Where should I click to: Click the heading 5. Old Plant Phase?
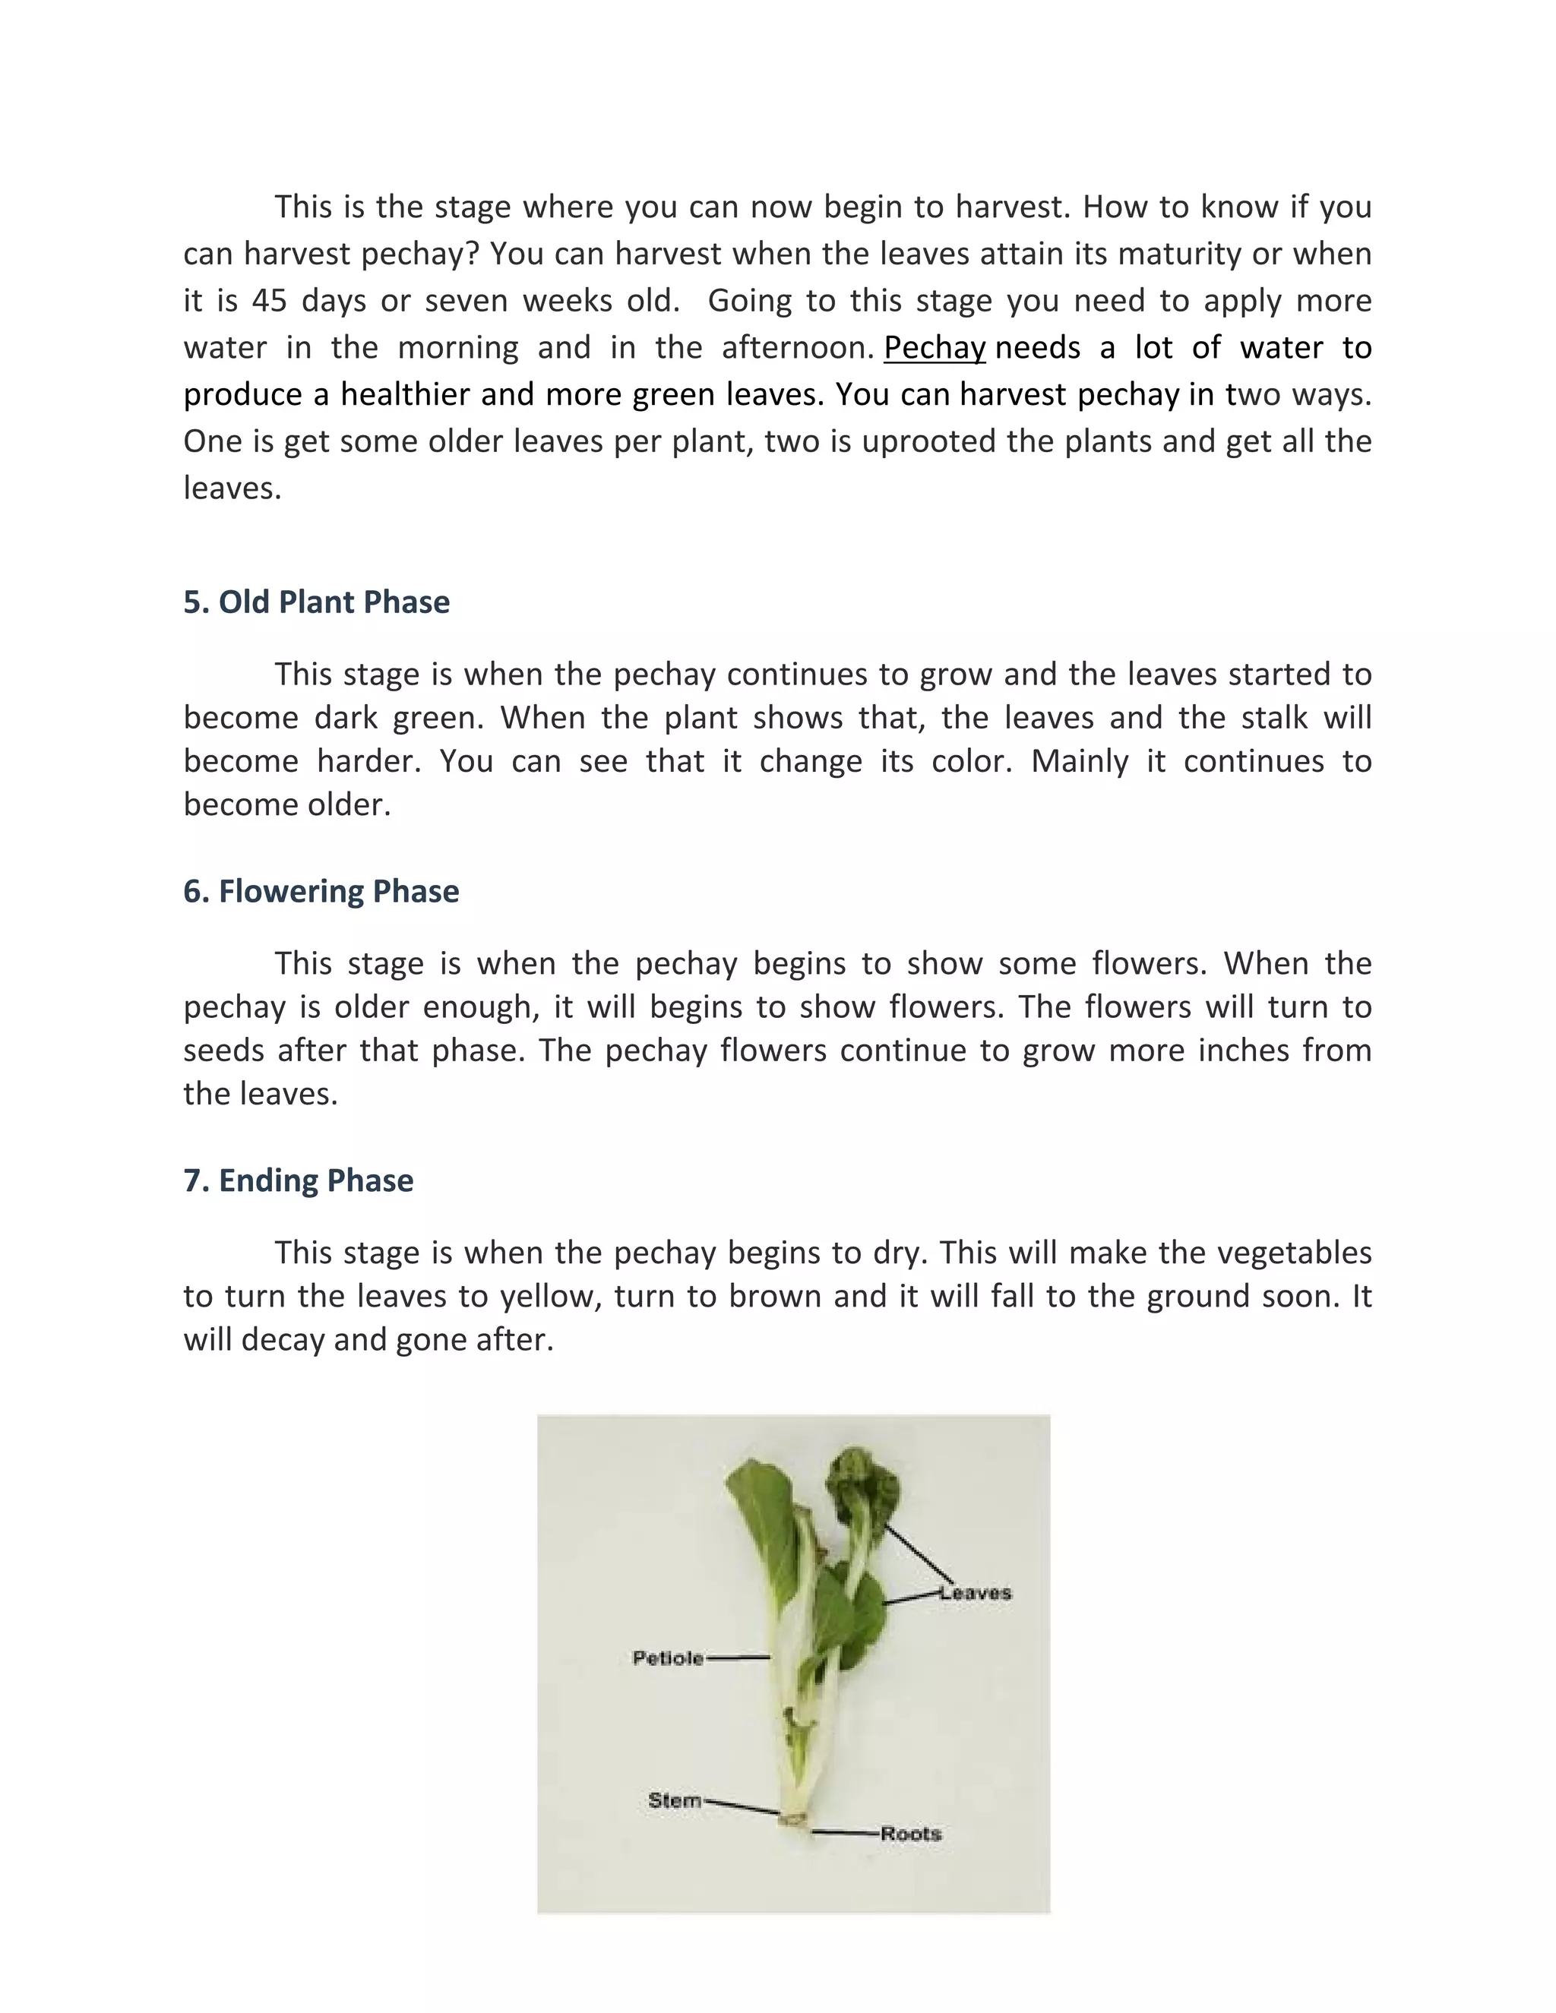click(316, 602)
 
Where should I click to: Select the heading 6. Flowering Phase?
click(321, 891)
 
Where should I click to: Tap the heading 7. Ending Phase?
click(298, 1180)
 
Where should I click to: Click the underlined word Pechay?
click(935, 349)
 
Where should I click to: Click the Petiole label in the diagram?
click(667, 1658)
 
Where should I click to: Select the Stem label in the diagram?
click(675, 1800)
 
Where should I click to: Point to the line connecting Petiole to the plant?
click(738, 1657)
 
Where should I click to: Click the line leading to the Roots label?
click(846, 1833)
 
